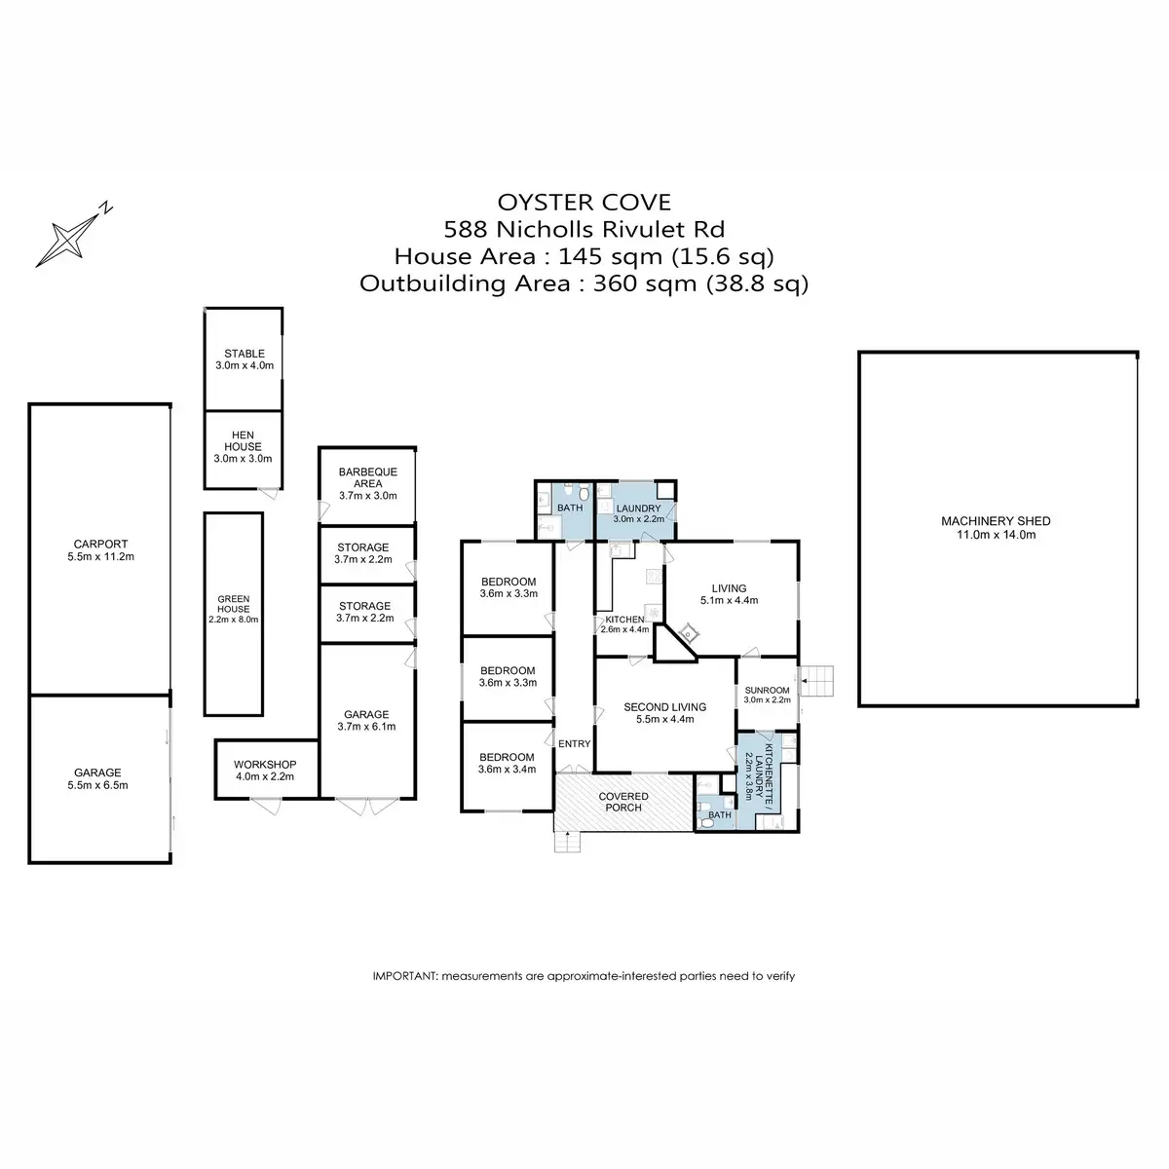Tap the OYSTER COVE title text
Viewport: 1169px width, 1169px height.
[x=584, y=203]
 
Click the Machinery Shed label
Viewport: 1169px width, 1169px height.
[x=995, y=521]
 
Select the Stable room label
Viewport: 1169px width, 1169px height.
[x=244, y=355]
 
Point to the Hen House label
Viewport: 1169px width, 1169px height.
[x=243, y=440]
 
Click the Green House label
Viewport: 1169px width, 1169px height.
[x=234, y=604]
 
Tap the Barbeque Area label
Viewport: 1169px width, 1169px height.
[x=367, y=477]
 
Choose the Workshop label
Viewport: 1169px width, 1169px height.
[x=264, y=765]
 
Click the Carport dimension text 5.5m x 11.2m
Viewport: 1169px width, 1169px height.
[x=100, y=557]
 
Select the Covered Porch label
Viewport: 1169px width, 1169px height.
[x=623, y=802]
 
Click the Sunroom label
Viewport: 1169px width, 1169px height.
[x=767, y=690]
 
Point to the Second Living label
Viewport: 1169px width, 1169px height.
[x=664, y=707]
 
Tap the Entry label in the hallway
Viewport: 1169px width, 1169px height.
[x=574, y=744]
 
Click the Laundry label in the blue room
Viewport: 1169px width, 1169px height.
[x=638, y=509]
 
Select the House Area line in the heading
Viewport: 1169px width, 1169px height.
[x=584, y=257]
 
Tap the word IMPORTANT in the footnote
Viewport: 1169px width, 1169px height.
[x=404, y=975]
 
